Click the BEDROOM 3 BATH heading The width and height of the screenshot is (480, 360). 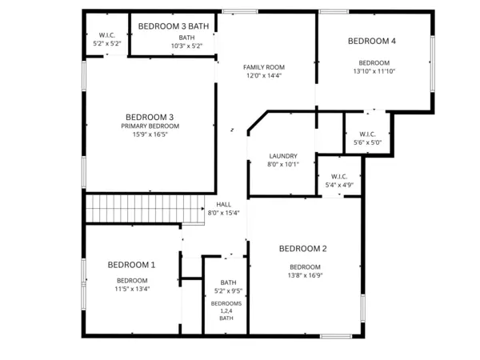[174, 26]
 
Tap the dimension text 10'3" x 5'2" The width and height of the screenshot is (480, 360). [186, 46]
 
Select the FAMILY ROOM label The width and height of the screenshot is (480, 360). [264, 67]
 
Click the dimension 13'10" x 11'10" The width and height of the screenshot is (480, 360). [374, 72]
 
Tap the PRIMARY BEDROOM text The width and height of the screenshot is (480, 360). [150, 126]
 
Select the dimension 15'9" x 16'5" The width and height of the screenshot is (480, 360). [150, 135]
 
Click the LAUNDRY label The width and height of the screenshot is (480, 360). [283, 156]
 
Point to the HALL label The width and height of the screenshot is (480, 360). [223, 205]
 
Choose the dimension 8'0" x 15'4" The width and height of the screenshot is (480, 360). [223, 214]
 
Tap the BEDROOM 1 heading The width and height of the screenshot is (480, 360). [131, 265]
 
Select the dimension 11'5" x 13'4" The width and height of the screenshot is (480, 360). [132, 289]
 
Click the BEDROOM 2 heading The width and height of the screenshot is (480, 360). [303, 249]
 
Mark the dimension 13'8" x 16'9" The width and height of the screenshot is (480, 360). [305, 276]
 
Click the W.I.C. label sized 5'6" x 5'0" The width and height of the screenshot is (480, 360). [368, 134]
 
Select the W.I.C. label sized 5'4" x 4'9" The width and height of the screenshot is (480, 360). [338, 177]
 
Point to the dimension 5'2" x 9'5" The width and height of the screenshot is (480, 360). [228, 291]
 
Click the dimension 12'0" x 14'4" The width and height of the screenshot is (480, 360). [264, 76]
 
